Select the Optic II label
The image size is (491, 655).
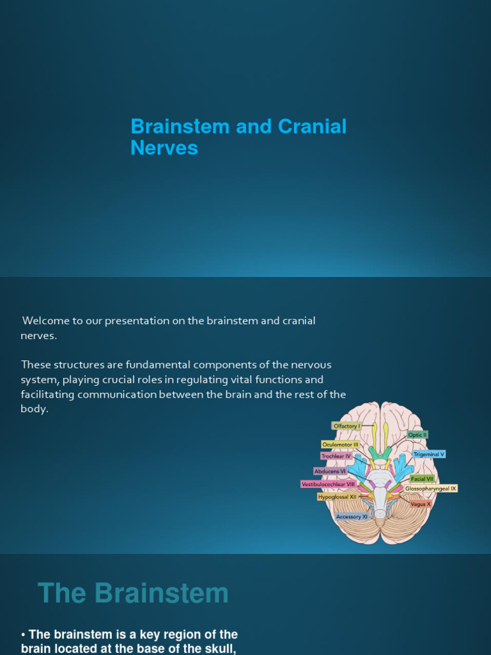point(417,435)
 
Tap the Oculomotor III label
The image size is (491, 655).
point(341,445)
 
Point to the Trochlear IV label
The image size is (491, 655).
point(336,456)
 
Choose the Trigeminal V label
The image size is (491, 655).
point(428,454)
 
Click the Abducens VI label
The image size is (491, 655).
point(331,471)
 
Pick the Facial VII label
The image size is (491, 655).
point(422,478)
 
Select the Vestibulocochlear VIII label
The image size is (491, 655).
point(328,484)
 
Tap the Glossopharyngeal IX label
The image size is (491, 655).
point(431,489)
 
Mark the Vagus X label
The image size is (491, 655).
point(421,504)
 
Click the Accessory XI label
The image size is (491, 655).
point(352,516)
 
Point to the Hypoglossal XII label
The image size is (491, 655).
point(338,496)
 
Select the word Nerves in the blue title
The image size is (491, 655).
point(164,148)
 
